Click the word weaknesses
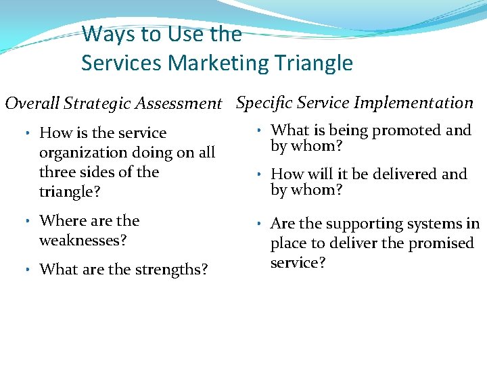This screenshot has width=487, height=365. [x=83, y=240]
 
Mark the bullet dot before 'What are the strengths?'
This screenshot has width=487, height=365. [x=25, y=270]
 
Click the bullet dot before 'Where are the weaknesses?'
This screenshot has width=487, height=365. [x=25, y=221]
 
